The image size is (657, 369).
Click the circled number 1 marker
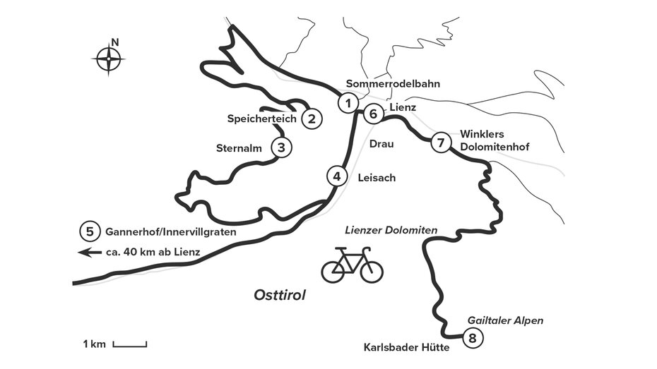pos(347,103)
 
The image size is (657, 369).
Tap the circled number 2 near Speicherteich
pos(312,119)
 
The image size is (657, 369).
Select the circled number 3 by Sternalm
pos(281,147)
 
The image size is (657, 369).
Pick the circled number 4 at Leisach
pos(337,176)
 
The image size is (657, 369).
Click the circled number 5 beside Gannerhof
pos(89,231)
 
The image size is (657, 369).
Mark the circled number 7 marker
pos(440,143)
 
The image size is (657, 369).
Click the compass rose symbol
pos(109,59)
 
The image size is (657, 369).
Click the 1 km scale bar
pos(129,344)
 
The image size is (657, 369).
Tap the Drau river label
pos(381,144)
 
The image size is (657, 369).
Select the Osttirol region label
pos(279,295)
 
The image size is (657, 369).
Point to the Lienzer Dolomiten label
pos(391,231)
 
